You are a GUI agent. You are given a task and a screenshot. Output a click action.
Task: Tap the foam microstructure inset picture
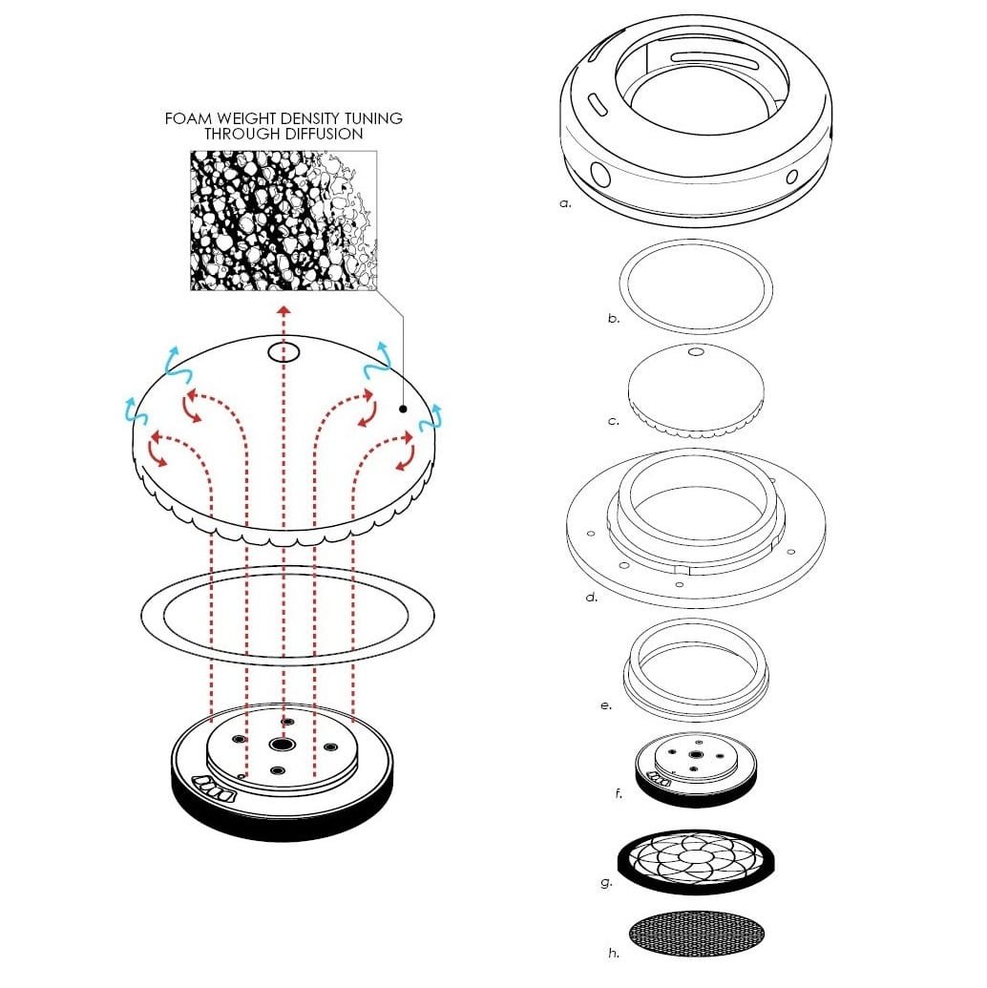click(283, 221)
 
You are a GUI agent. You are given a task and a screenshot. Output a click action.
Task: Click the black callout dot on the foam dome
click(404, 409)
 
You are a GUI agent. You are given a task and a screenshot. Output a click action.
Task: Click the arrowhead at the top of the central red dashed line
click(284, 310)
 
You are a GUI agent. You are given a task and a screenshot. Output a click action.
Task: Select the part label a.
click(565, 203)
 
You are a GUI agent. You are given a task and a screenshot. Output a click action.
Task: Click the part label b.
click(614, 318)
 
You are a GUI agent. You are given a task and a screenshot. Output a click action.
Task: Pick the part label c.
click(614, 421)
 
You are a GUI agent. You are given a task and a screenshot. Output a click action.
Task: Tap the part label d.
click(591, 596)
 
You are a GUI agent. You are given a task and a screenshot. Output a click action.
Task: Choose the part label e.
click(606, 705)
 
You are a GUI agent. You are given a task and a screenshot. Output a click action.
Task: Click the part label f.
click(619, 793)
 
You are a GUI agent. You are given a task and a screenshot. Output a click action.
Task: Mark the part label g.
click(606, 883)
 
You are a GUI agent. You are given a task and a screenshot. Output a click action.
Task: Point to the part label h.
click(614, 953)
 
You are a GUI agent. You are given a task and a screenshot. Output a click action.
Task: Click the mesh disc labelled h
click(697, 934)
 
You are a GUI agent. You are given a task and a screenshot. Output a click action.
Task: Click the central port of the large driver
click(282, 745)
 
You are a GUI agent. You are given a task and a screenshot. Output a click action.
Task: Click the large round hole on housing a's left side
click(600, 175)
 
